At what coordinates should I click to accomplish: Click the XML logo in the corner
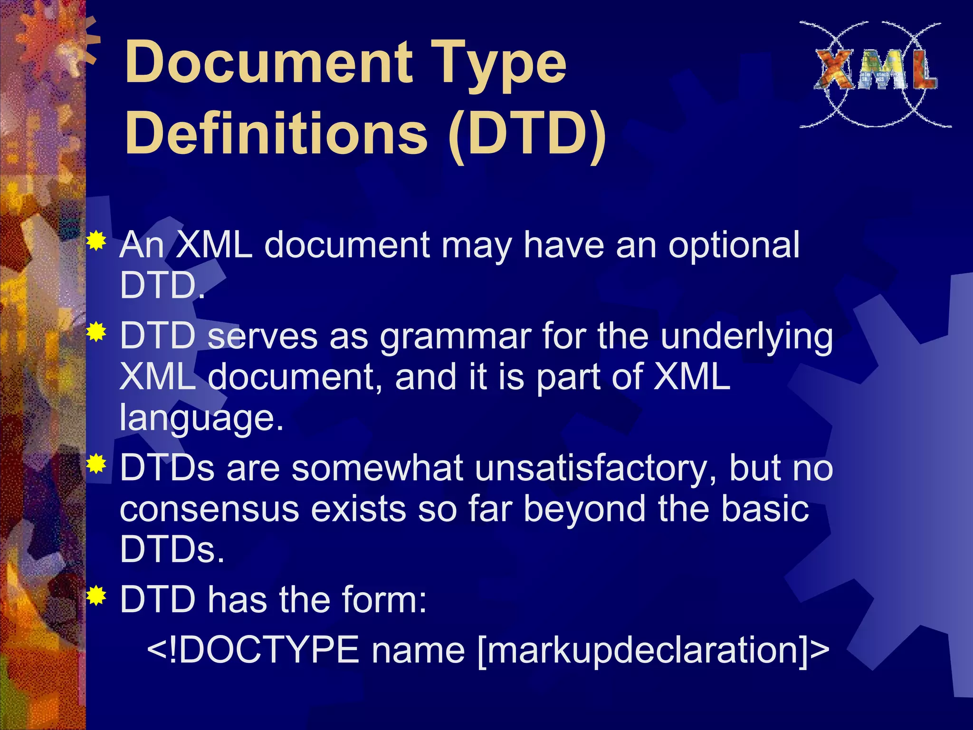pyautogui.click(x=875, y=74)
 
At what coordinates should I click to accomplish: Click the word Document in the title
pyautogui.click(x=268, y=62)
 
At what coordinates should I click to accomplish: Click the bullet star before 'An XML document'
pyautogui.click(x=96, y=241)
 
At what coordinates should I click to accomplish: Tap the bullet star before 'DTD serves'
pyautogui.click(x=96, y=332)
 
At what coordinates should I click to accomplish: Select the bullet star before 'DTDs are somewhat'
pyautogui.click(x=96, y=464)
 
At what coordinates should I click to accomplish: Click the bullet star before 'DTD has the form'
pyautogui.click(x=96, y=596)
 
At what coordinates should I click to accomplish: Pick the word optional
pyautogui.click(x=734, y=246)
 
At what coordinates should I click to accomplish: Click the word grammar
pyautogui.click(x=455, y=336)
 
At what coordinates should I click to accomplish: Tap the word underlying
pyautogui.click(x=746, y=337)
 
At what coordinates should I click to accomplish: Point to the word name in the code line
pyautogui.click(x=418, y=650)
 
